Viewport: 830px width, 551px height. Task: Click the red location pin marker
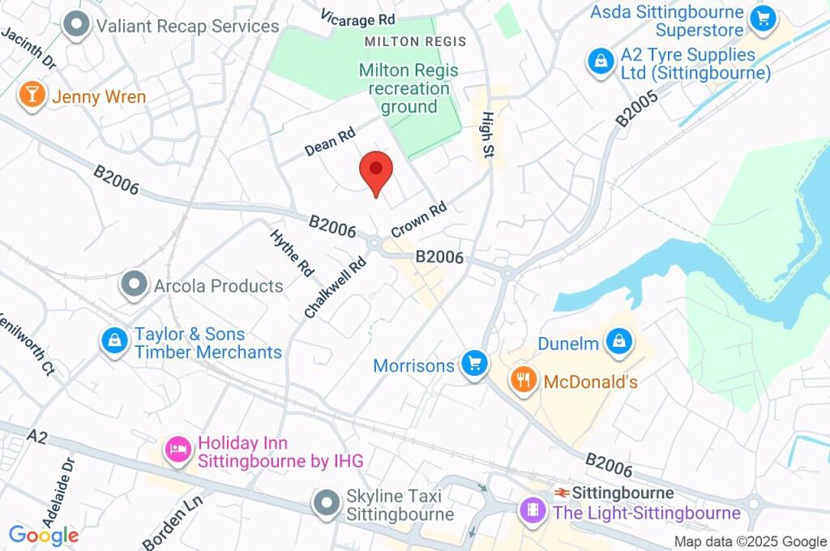(376, 170)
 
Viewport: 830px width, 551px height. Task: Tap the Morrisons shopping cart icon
(473, 364)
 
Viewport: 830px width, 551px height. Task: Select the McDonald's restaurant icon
(524, 379)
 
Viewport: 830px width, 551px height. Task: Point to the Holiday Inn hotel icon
(178, 450)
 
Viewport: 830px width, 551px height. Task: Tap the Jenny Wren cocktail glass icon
(31, 94)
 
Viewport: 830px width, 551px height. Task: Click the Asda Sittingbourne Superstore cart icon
(763, 18)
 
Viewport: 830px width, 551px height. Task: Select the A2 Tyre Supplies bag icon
(600, 61)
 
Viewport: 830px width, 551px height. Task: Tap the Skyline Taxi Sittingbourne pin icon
(327, 502)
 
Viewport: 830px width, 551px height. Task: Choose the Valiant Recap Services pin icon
(77, 25)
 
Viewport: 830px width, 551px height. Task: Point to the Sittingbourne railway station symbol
(561, 493)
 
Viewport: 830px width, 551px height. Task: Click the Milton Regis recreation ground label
(409, 88)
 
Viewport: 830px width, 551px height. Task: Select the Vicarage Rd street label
(357, 18)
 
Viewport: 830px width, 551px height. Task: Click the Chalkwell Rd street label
(336, 288)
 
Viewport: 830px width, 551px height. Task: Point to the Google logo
(43, 535)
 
